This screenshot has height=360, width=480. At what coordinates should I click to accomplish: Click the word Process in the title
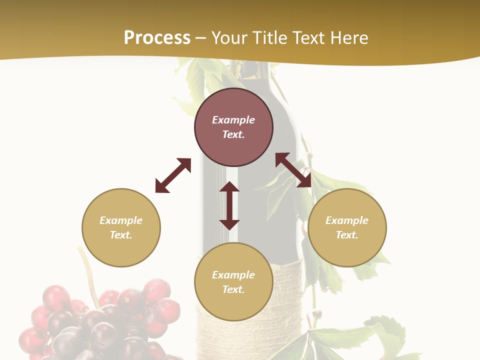[x=157, y=38]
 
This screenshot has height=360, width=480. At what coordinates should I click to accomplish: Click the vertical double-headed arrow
[x=229, y=205]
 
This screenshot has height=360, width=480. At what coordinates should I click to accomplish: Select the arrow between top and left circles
[x=173, y=175]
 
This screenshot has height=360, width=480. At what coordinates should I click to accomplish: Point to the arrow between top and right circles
[x=293, y=170]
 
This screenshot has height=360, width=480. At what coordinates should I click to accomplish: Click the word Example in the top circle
[x=233, y=120]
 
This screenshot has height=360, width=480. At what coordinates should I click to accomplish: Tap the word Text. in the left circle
[x=121, y=235]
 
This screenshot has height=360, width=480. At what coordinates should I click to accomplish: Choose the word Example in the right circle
[x=347, y=220]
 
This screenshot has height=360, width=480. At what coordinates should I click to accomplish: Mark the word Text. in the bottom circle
[x=233, y=289]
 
